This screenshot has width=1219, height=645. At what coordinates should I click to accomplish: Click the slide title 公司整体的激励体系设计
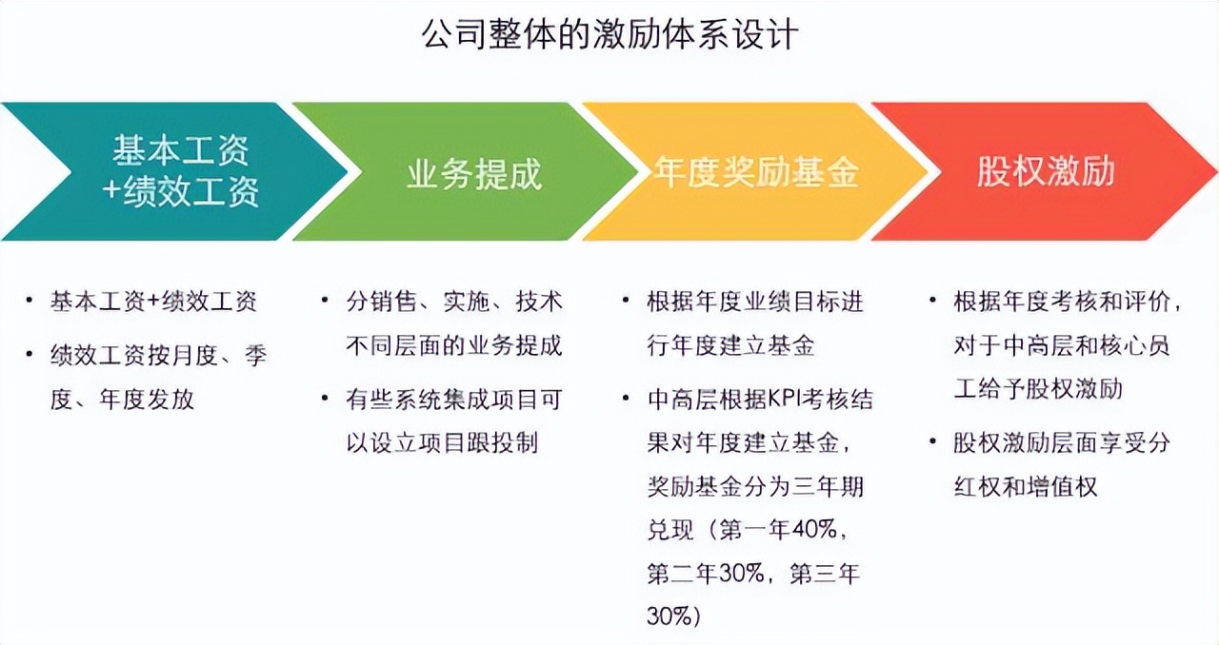coord(609,35)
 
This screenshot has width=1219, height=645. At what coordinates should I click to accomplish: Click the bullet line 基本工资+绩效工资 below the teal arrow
coord(153,302)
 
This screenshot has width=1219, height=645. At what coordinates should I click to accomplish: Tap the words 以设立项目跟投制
coord(443,443)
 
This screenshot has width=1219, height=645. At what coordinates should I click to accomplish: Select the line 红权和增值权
coord(1026,486)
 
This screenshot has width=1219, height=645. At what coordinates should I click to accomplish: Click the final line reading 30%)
coord(673,616)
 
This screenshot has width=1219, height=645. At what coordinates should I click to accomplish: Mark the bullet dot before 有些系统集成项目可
coord(325,399)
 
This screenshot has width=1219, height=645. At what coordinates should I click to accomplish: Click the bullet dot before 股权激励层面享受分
coord(932,441)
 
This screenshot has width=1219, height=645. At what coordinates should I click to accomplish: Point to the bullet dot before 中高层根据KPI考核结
coord(627,399)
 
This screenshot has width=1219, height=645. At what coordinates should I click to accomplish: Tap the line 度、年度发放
coord(122,400)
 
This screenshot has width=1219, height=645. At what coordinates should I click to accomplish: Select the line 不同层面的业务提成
coord(454,345)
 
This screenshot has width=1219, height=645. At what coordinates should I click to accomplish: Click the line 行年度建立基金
coord(730,345)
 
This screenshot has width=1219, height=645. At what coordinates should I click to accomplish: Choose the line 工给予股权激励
coord(1038,389)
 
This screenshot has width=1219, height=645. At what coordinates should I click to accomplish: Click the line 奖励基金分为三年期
coord(755,486)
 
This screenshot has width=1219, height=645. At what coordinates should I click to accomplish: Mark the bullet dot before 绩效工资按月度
coord(30,355)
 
